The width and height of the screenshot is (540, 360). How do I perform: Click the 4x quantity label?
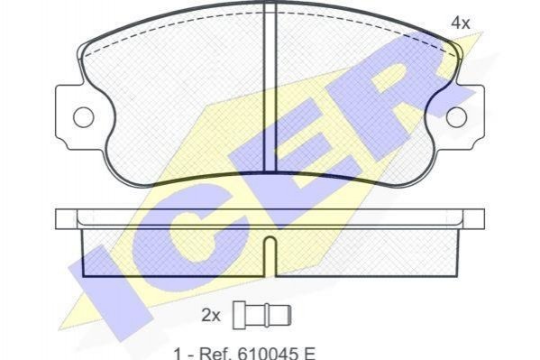(461, 23)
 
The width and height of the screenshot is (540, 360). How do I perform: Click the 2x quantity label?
(210, 315)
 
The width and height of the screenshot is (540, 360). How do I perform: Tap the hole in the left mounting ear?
(83, 117)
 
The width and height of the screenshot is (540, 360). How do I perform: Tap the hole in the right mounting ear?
(457, 117)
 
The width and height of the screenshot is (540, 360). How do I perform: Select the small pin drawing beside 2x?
(262, 315)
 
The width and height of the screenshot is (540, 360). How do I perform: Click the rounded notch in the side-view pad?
(270, 256)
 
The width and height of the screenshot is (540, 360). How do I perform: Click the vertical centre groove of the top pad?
(270, 87)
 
